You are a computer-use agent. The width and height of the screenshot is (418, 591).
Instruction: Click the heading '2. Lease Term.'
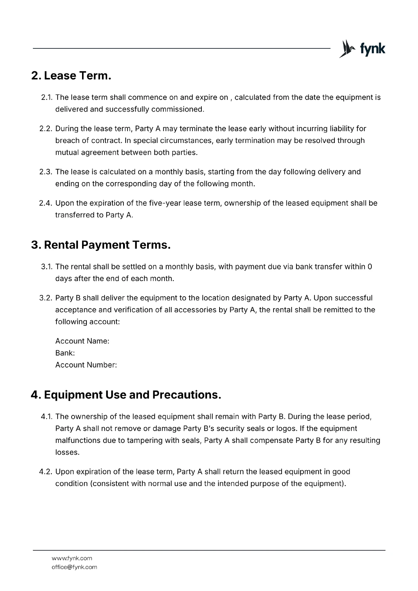pyautogui.click(x=71, y=76)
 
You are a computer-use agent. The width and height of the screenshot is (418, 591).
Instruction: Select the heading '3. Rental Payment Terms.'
pyautogui.click(x=101, y=245)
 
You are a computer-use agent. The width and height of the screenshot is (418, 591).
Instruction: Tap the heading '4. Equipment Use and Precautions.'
pyautogui.click(x=126, y=395)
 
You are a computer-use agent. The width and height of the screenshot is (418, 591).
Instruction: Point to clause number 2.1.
pyautogui.click(x=47, y=98)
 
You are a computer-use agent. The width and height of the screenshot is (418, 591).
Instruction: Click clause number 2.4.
pyautogui.click(x=46, y=203)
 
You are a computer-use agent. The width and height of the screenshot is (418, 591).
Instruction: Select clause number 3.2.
pyautogui.click(x=46, y=298)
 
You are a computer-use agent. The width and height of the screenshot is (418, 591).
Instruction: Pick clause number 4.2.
pyautogui.click(x=46, y=472)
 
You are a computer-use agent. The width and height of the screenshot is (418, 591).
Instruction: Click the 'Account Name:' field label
pyautogui.click(x=82, y=341)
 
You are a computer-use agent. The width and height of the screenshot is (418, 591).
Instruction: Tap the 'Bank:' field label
pyautogui.click(x=65, y=353)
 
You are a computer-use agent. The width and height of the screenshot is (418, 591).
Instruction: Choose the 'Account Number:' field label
pyautogui.click(x=86, y=365)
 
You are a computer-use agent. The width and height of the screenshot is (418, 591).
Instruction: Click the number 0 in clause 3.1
pyautogui.click(x=370, y=267)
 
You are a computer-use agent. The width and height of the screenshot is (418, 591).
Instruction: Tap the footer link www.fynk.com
pyautogui.click(x=72, y=558)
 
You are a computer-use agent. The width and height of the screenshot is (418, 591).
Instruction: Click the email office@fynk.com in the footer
pyautogui.click(x=74, y=567)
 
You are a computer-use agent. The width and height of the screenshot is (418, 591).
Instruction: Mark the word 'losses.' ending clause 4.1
pyautogui.click(x=67, y=452)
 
